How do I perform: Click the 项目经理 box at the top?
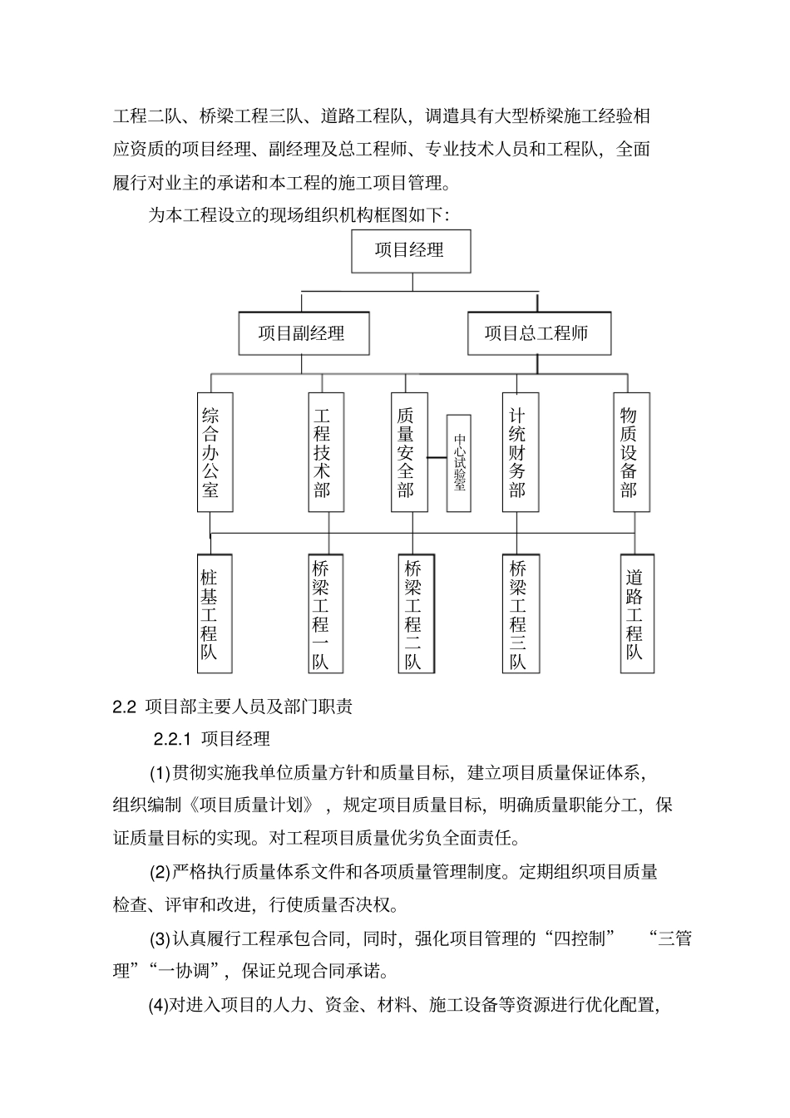(411, 250)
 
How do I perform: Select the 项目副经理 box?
(303, 333)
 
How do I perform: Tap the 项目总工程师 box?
(538, 333)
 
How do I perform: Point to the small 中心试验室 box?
(459, 463)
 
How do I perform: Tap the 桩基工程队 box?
(215, 614)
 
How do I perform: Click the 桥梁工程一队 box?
(325, 614)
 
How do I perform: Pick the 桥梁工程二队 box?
(416, 614)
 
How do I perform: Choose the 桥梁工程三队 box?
(521, 614)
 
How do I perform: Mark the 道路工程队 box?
(637, 614)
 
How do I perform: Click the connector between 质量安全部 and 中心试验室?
(437, 456)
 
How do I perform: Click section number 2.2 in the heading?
(123, 707)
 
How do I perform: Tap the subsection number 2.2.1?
(173, 738)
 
